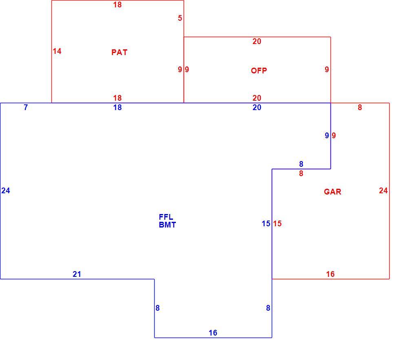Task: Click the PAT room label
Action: pos(120,52)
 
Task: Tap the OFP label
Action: pos(259,71)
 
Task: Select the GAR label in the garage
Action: pos(333,192)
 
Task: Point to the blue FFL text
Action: pos(166,217)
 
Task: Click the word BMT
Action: pos(167,225)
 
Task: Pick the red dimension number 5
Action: pos(180,18)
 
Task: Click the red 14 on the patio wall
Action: pos(57,51)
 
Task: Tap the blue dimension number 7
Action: pos(26,107)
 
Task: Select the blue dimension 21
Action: pos(77,274)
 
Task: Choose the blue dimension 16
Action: pos(213,333)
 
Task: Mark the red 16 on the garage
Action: pos(330,274)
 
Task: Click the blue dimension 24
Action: pos(6,191)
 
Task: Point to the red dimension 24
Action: pos(383,191)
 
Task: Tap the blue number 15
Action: pos(266,223)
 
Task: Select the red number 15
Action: pos(277,223)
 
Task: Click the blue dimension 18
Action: pos(118,107)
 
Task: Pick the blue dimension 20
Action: pos(257,107)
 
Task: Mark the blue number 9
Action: pos(327,135)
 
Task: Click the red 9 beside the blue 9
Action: pos(334,135)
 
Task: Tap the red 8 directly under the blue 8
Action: pos(301,173)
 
